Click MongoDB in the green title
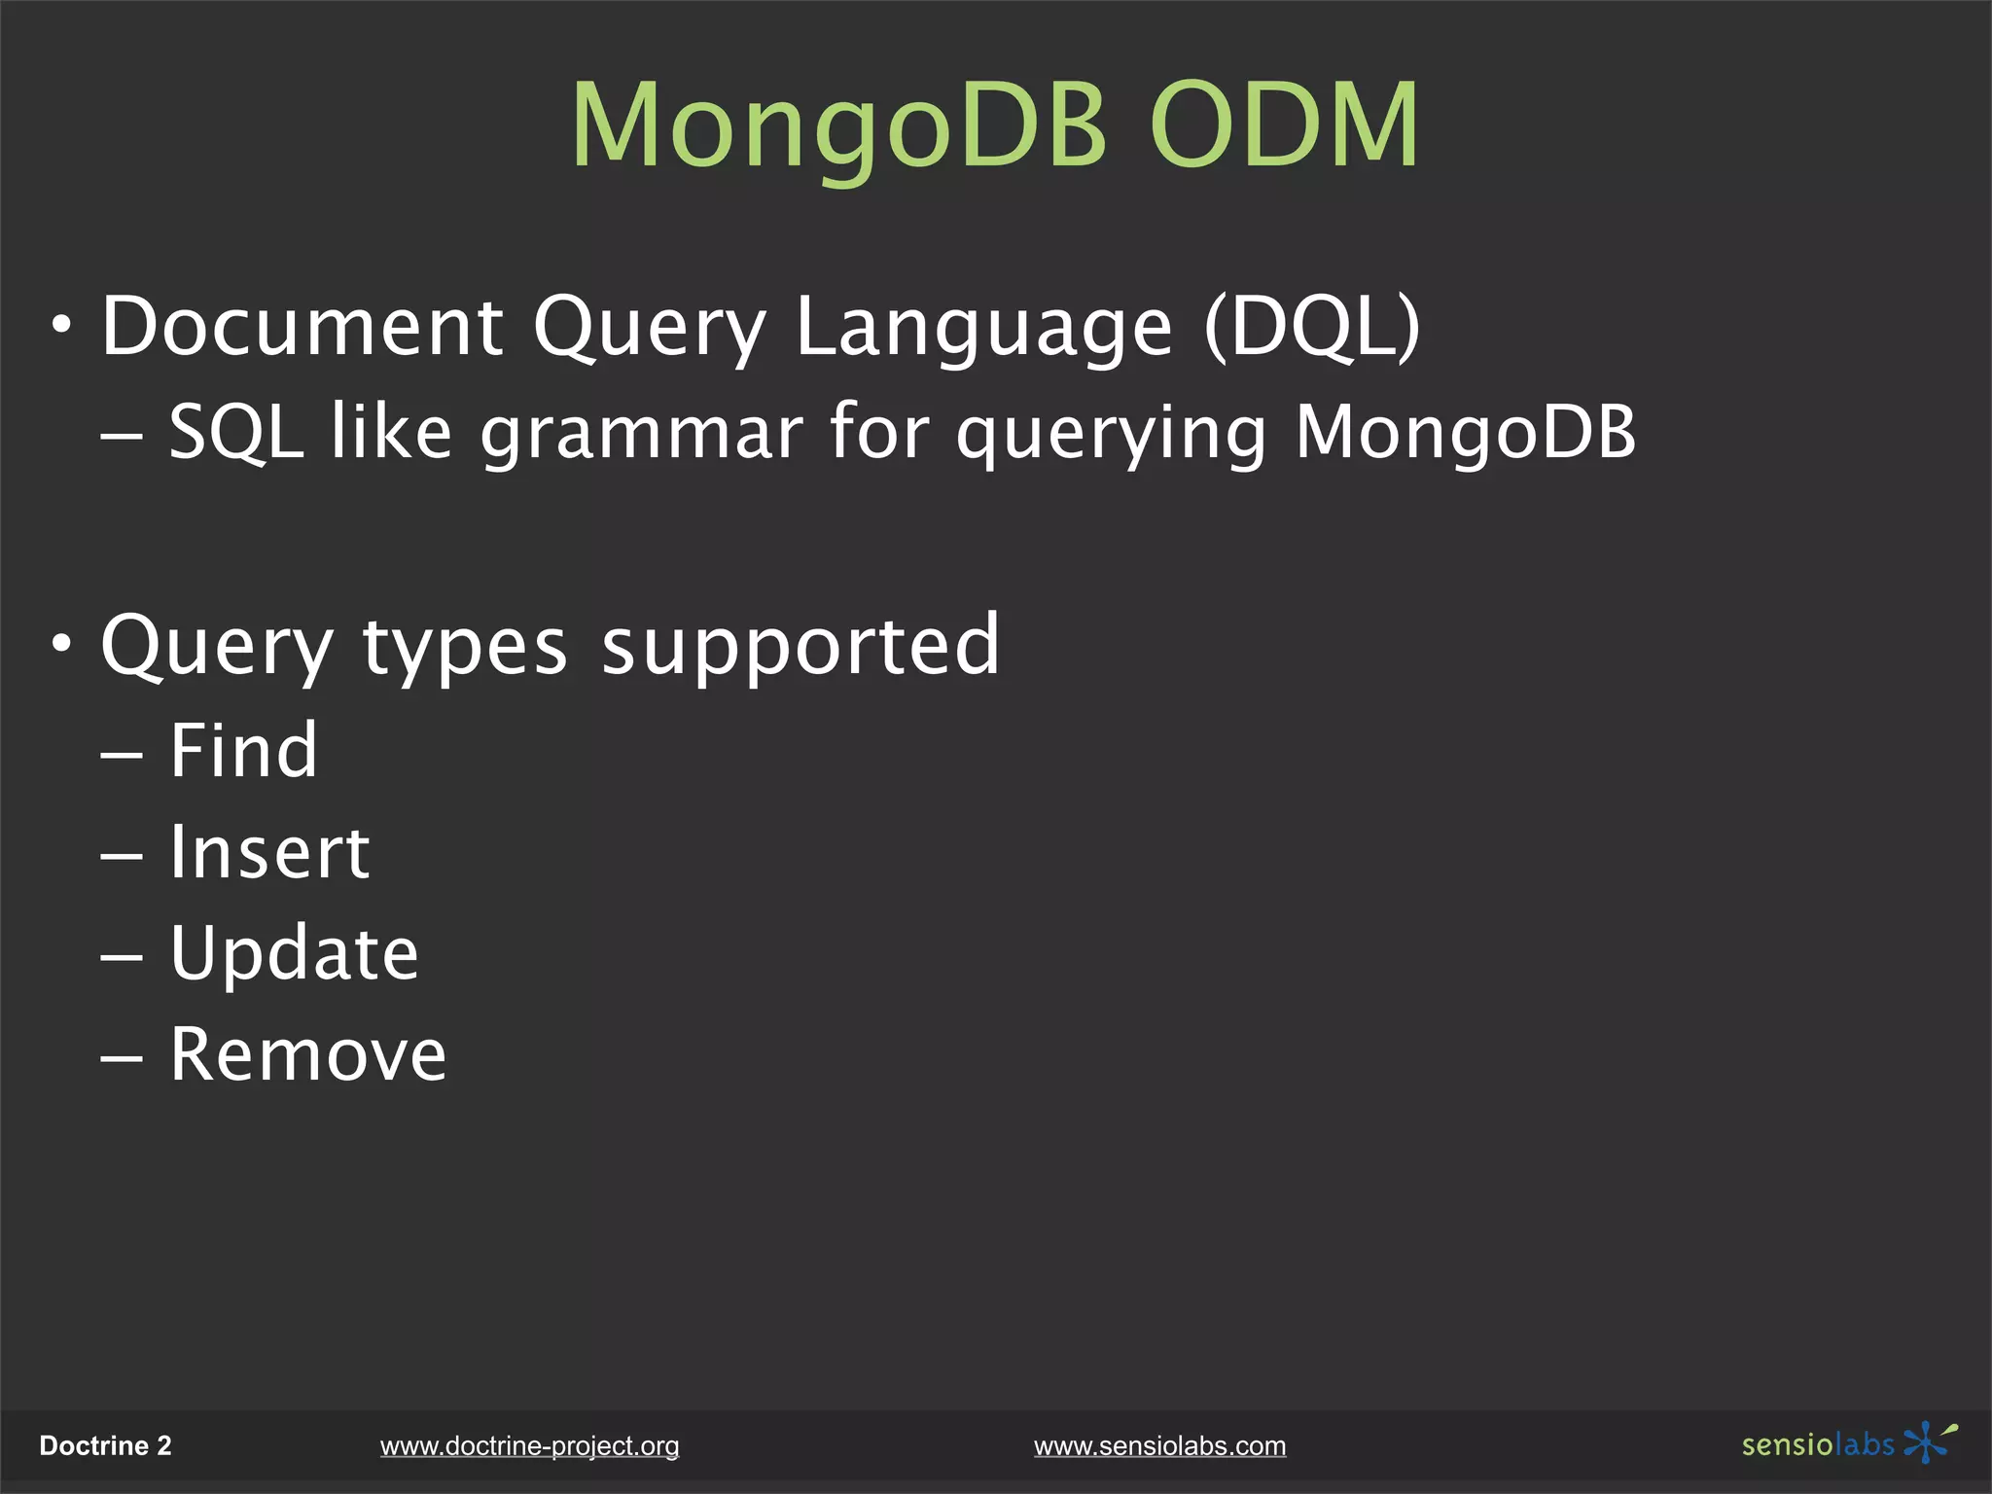point(838,126)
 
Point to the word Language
point(983,329)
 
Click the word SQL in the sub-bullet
point(236,431)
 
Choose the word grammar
point(642,433)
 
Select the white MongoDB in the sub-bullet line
point(1466,433)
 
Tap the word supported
point(800,647)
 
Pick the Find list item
point(243,751)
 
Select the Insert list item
point(269,853)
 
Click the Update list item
point(294,955)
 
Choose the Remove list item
point(307,1055)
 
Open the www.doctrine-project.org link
point(529,1446)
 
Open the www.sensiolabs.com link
point(1159,1446)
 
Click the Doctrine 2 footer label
point(105,1446)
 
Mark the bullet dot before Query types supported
point(62,643)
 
